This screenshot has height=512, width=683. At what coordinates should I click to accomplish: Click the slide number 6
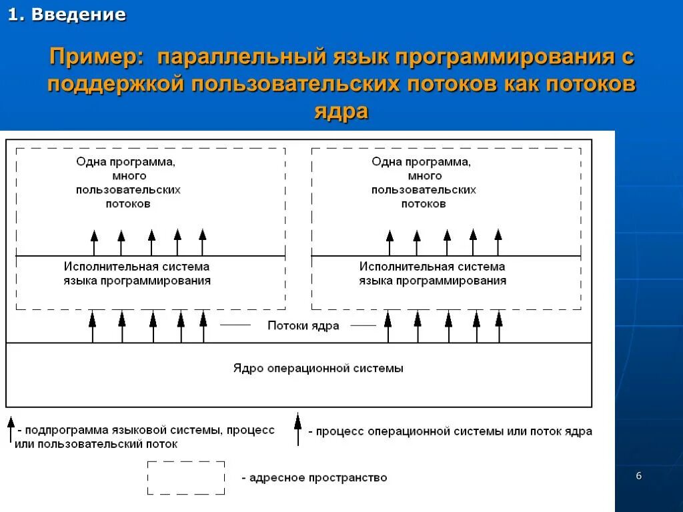coord(639,475)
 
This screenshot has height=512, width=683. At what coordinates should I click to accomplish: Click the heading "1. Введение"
coord(67,15)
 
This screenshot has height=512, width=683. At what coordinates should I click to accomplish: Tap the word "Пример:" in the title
coord(97,57)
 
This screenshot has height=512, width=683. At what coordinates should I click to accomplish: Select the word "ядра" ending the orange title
coord(341,111)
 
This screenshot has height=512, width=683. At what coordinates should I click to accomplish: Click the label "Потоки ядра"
coord(303,326)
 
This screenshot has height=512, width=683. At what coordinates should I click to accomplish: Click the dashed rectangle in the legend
coord(186,477)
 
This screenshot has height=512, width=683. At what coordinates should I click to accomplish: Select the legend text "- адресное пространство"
coord(314,477)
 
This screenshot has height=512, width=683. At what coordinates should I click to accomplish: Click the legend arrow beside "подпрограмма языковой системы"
coord(11,429)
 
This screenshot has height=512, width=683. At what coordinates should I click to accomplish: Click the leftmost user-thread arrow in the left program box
coord(94,243)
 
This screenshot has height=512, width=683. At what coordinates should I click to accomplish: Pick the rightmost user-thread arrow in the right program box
coord(498,243)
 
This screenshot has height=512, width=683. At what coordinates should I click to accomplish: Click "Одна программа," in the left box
coord(125,161)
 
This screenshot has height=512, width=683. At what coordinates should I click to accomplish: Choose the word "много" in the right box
coord(424,176)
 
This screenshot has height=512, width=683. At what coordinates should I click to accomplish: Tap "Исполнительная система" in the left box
coord(137,266)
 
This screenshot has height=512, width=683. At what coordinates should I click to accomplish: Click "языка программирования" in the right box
coord(432,281)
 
